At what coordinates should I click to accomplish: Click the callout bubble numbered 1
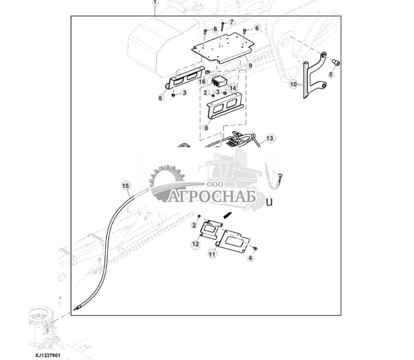tap(156, 2)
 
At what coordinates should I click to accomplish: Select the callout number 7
tap(232, 23)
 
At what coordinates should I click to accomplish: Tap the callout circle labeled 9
tap(250, 65)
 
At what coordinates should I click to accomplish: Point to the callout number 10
tap(293, 84)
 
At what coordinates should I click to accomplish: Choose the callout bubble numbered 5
tap(331, 74)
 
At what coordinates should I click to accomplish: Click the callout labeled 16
tap(202, 82)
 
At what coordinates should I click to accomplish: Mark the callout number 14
tap(233, 88)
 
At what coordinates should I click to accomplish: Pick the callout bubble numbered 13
tap(270, 138)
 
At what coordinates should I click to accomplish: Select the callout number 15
tap(126, 186)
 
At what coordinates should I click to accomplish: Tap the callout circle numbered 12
tap(195, 244)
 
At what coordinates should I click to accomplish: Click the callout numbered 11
tap(212, 254)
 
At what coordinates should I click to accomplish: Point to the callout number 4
tap(251, 258)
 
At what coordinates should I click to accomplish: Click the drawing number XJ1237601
tap(48, 355)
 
